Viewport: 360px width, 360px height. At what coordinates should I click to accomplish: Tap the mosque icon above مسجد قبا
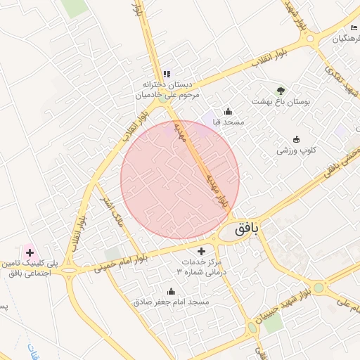pyautogui.click(x=228, y=111)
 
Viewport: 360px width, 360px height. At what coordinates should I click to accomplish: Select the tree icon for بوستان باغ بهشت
pyautogui.click(x=281, y=91)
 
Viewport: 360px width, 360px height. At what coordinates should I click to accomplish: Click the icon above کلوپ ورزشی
pyautogui.click(x=296, y=139)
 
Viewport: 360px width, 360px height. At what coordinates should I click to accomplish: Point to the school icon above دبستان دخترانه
pyautogui.click(x=167, y=73)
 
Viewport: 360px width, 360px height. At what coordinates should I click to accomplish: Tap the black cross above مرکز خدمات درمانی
pyautogui.click(x=202, y=250)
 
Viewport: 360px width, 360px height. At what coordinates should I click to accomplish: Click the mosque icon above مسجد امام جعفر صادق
pyautogui.click(x=171, y=290)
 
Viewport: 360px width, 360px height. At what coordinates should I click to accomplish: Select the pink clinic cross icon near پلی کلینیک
pyautogui.click(x=29, y=252)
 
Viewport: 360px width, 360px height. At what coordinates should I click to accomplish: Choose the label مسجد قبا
pyautogui.click(x=229, y=122)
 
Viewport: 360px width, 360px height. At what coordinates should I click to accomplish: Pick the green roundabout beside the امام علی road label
pyautogui.click(x=319, y=287)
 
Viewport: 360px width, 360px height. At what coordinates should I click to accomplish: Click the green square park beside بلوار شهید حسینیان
pyautogui.click(x=273, y=322)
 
